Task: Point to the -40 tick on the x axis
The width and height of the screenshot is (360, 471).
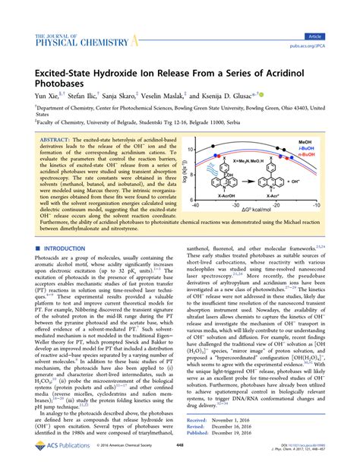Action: (x=196, y=226)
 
